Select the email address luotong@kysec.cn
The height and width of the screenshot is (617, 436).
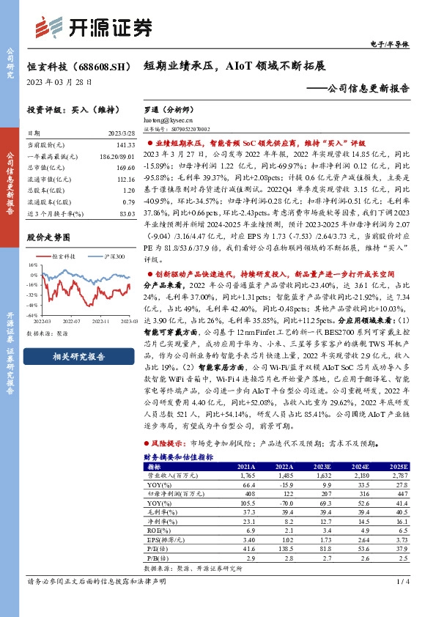[x=168, y=119]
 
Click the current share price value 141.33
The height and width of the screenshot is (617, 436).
[x=126, y=146]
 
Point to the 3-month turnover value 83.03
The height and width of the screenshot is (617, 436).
[x=127, y=213]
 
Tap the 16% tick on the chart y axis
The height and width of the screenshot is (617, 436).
[x=32, y=265]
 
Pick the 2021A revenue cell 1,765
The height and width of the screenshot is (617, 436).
[x=245, y=475]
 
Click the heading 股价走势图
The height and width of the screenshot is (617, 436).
[x=48, y=237]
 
